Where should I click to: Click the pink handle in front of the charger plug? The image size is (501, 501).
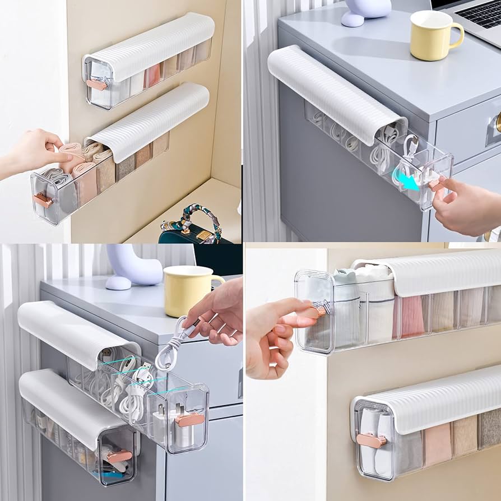pos(189,419)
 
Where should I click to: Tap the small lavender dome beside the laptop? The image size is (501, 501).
pos(352,19)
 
